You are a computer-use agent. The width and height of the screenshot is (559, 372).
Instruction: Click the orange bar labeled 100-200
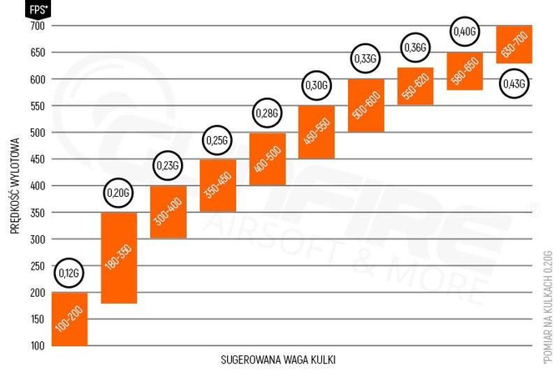point(69,319)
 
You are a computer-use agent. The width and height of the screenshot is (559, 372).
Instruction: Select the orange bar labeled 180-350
point(118,258)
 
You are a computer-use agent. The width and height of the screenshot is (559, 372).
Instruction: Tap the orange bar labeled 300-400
point(168,212)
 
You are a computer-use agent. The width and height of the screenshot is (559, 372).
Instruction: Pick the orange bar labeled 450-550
point(316,132)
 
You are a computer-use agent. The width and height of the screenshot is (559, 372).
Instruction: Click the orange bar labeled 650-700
point(514,44)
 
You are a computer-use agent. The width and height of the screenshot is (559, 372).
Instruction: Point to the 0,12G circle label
point(69,273)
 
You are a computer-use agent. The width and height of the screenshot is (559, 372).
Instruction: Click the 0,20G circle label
point(118,194)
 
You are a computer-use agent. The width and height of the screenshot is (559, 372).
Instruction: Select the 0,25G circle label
point(217,140)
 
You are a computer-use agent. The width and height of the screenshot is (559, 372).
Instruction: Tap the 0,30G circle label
point(316,86)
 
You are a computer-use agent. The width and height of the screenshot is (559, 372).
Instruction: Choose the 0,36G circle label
point(415,48)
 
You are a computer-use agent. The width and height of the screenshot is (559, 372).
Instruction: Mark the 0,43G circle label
point(514,83)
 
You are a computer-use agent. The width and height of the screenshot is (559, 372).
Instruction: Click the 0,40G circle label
point(464,33)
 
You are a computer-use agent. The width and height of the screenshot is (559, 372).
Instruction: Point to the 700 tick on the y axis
point(36,26)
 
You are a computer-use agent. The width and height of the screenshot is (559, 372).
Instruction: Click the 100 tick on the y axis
point(36,345)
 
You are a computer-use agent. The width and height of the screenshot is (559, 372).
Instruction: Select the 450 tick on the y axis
point(36,159)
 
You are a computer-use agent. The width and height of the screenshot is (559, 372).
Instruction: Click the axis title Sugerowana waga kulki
point(279,359)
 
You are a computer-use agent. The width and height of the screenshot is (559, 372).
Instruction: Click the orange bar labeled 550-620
point(415,86)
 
